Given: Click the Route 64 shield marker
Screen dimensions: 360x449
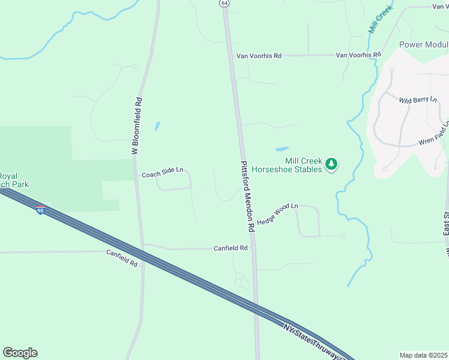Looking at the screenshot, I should coord(224,3).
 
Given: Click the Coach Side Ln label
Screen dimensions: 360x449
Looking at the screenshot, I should coord(162,173).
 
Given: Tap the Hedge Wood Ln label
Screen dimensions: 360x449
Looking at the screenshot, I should coord(277,214).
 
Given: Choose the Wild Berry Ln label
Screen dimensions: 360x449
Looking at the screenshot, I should coord(418,100).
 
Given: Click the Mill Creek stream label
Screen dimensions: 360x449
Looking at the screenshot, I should coord(380,21).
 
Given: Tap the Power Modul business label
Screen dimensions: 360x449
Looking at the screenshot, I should coord(424,45).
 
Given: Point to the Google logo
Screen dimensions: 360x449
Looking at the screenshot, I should coord(20,353).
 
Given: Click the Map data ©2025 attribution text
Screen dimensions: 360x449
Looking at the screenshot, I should coord(424,355).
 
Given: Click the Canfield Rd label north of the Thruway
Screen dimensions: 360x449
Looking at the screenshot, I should coord(231,248).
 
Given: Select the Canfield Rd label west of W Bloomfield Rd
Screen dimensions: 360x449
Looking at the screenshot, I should coord(122,259).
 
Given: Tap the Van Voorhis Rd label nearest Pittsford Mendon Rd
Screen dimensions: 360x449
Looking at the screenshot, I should coord(259,56).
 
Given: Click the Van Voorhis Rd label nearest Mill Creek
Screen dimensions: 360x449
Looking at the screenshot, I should coord(358,55).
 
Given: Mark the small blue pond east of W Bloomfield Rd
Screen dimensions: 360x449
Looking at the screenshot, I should coord(157,127).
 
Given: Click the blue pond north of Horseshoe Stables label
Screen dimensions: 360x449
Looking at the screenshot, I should coord(282,149).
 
